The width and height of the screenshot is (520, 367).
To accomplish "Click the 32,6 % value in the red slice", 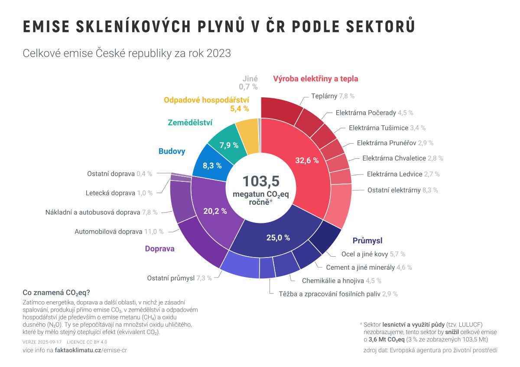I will pos(307,160).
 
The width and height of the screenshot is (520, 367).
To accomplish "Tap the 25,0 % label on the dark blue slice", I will pos(278,237).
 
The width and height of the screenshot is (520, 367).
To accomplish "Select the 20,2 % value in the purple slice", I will pos(215,211).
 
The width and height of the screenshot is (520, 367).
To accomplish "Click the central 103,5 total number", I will pos(260,181).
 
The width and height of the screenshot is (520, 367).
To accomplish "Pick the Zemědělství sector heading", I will pos(190,123).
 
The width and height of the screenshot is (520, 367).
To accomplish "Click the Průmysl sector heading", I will pos(367,241).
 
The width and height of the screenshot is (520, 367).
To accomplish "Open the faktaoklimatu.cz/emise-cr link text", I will pos(91,350).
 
